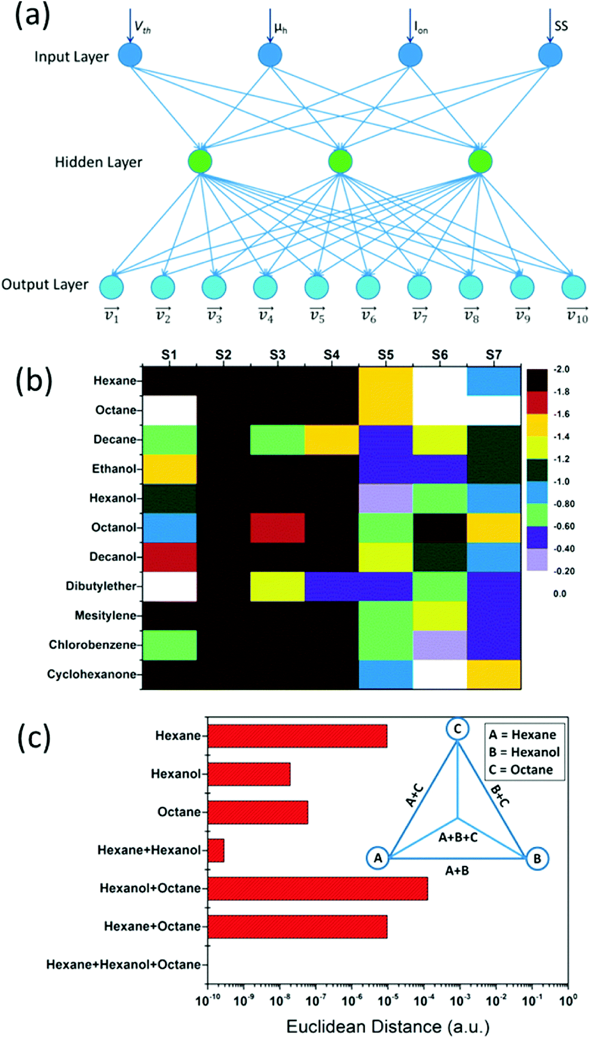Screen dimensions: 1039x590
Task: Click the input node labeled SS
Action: pos(550,55)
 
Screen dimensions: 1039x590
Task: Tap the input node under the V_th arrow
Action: pos(130,55)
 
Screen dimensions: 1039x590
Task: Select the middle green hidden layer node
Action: pos(340,161)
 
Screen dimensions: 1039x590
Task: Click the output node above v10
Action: pos(573,287)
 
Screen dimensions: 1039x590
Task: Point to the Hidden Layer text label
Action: pos(99,162)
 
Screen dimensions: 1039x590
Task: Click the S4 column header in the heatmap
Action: pos(331,355)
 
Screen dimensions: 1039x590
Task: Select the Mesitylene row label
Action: pos(105,615)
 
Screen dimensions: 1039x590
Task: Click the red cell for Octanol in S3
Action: pos(277,528)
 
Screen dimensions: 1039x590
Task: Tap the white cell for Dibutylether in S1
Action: pos(170,586)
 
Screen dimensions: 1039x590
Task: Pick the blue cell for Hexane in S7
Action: pos(493,381)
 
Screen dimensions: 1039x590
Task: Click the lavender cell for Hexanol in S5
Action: pos(386,498)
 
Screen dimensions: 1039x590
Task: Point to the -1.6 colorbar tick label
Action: pos(562,414)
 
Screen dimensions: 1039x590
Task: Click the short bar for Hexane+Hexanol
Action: pos(216,850)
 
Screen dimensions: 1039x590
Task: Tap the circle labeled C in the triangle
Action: pos(457,729)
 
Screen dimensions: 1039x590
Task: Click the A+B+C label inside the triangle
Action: pos(458,837)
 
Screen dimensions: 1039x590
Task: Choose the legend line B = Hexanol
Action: pos(524,752)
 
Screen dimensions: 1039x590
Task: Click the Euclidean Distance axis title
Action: pos(387,1027)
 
